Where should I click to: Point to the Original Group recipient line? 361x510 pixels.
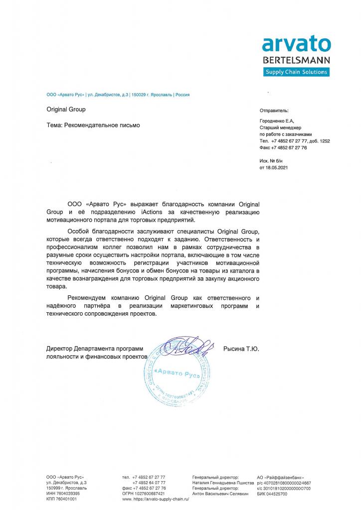click(x=66, y=110)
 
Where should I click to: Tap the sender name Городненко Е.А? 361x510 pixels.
click(x=277, y=121)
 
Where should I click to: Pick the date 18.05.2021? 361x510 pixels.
click(x=277, y=168)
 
